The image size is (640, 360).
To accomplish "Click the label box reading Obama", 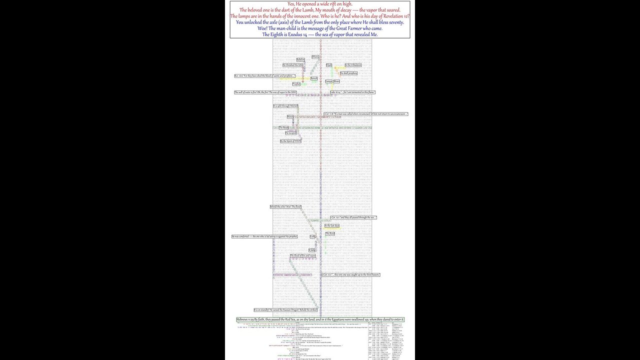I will (x=315, y=57).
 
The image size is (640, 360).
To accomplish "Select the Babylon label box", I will (x=300, y=60).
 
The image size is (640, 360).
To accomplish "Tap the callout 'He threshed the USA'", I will (x=293, y=65).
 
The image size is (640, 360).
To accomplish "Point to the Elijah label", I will (x=329, y=65).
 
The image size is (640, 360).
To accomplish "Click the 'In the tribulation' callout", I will (x=353, y=65).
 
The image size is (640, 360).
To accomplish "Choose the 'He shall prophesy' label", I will (x=349, y=73).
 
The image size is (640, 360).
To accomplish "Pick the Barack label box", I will (x=314, y=78).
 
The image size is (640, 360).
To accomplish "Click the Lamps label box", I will (x=328, y=81).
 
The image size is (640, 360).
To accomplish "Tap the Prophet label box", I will (x=296, y=84).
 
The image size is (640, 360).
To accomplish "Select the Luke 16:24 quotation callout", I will (x=353, y=92).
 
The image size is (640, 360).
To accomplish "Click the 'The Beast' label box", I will (x=283, y=127).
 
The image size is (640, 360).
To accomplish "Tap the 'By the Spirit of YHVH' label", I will (x=290, y=141).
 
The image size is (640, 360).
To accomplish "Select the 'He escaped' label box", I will (x=291, y=133).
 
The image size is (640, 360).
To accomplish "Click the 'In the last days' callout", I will (x=332, y=226).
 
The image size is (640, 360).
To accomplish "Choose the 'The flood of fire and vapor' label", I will (x=303, y=255).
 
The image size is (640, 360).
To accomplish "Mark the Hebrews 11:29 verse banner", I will (x=320, y=319).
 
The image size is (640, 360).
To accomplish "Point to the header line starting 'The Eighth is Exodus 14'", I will (x=320, y=34).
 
